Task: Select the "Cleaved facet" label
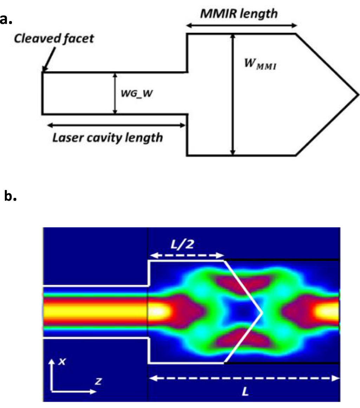54,38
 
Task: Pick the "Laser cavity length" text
107,137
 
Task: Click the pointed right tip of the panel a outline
358,95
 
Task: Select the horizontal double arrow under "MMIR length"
242,25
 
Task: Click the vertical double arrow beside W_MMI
232,94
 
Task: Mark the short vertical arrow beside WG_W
114,93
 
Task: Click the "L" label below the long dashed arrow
246,391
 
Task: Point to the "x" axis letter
62,362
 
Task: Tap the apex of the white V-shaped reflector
262,312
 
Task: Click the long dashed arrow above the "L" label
244,378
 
